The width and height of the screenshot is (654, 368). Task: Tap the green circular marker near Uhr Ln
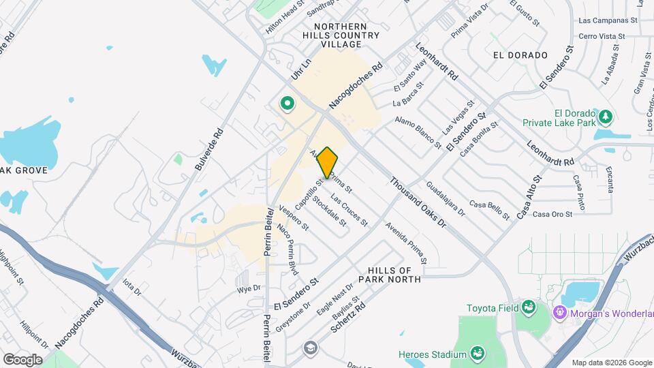tap(287, 104)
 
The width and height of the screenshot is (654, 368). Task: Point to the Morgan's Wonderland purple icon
tap(560, 312)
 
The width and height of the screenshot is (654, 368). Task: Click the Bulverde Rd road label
tap(208, 150)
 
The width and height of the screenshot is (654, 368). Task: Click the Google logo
tap(22, 359)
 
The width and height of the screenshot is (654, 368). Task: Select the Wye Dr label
tap(249, 289)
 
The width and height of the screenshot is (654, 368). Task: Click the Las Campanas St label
tap(607, 20)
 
